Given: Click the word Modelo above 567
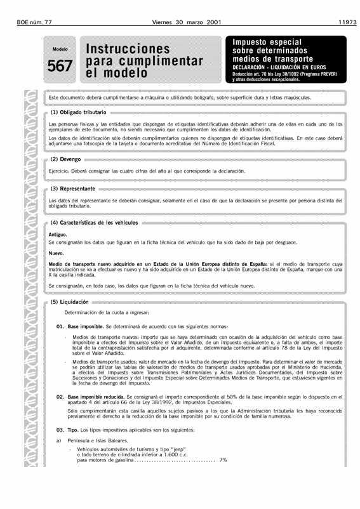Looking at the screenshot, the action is pos(60,49).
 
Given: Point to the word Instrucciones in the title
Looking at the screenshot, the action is pos(131,48).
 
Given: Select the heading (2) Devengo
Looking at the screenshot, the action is pos(66,159).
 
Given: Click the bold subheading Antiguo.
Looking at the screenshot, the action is pos(58,235).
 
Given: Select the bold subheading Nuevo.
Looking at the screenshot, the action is pos(56,253).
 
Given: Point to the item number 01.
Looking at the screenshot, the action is pos(61,326).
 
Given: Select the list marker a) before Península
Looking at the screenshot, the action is pos(60,440).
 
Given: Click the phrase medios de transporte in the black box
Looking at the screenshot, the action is pos(273,59).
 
